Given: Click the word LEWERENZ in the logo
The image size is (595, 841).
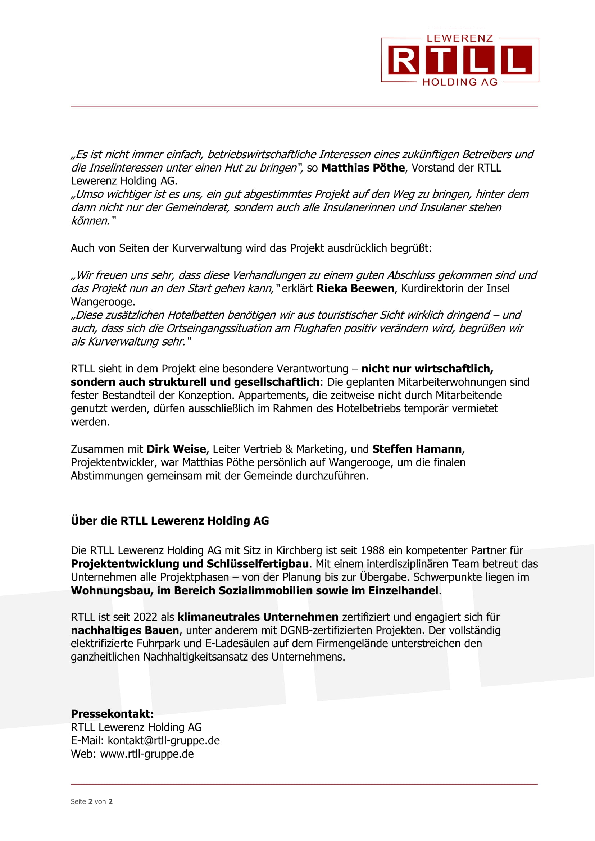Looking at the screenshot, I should (460, 38).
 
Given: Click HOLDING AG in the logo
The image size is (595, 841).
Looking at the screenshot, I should (460, 82).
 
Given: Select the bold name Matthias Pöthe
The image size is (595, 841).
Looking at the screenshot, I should (363, 168).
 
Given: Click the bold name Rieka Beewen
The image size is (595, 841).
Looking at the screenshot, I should (355, 289).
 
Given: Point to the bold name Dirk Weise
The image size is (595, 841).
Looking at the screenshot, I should (176, 449).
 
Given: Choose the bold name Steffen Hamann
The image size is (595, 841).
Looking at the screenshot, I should (417, 449).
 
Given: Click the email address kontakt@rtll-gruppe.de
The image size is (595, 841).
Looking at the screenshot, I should (163, 741).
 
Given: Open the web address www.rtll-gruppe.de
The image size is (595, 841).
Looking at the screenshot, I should (146, 754).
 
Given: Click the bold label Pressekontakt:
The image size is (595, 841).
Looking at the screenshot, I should (112, 714).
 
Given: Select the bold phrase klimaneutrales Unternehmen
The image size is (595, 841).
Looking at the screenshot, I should (258, 617).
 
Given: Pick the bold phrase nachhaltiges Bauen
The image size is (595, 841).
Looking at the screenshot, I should (125, 630).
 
